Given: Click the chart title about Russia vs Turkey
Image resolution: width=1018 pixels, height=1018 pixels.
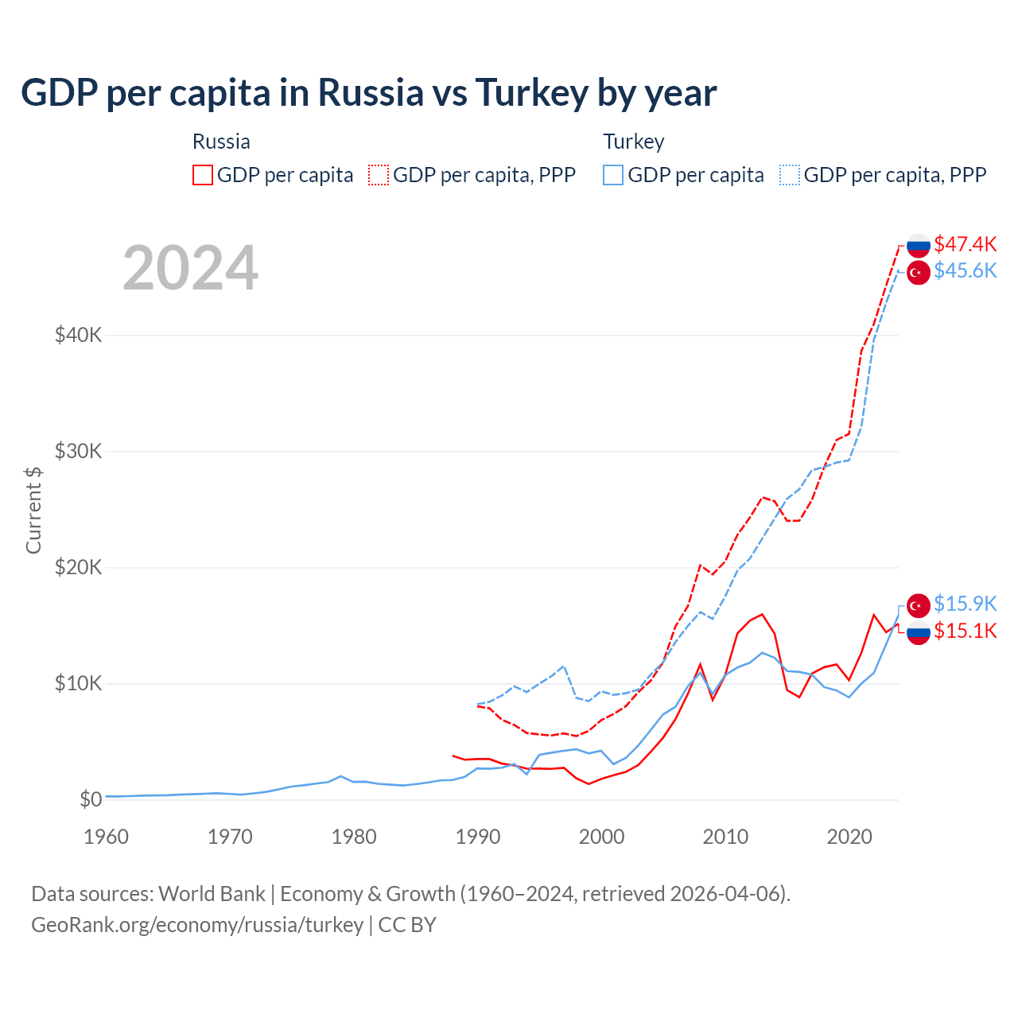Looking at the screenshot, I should point(369,93).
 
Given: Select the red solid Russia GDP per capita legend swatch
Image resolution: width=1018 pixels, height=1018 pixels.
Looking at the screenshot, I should point(203,175).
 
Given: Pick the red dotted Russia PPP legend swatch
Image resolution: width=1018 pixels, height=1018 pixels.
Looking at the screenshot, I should point(379,175).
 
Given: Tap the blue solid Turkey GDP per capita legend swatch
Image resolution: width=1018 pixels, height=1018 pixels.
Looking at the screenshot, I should point(613,175).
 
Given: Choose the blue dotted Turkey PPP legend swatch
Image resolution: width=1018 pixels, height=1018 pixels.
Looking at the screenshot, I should point(790,175).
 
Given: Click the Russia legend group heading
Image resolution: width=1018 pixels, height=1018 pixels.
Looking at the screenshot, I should point(221,142).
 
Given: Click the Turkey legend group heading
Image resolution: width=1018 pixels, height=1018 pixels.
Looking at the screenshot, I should point(634,142).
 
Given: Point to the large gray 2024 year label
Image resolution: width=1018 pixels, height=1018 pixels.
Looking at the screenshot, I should point(191,268).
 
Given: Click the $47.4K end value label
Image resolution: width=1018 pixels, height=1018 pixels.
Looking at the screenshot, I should point(965,243).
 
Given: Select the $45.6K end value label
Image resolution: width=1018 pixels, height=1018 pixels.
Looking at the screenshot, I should point(965,270).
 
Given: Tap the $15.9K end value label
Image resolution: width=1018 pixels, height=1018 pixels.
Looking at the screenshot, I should point(965,604).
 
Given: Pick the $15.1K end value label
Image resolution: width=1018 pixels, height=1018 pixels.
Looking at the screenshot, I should point(965,631).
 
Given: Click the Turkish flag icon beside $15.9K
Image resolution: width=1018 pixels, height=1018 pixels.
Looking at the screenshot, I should point(919,604).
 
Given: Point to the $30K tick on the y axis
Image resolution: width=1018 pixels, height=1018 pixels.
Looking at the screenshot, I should point(78,451).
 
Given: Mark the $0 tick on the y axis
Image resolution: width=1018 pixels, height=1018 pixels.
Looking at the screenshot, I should point(91,799).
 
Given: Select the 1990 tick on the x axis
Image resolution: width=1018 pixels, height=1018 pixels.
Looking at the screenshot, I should point(478,837).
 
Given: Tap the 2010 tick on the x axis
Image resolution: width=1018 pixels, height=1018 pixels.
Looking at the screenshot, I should point(725,837).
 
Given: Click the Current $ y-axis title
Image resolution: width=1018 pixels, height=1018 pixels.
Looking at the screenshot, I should point(33,510).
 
